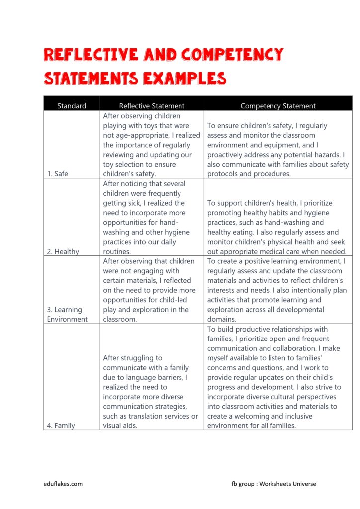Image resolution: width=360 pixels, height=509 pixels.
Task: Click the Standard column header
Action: pos(72,106)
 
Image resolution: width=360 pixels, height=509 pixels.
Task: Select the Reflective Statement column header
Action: pos(152,106)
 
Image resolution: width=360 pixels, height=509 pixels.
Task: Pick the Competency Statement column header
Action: pos(277,106)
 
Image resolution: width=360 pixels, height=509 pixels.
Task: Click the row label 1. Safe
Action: pos(58,174)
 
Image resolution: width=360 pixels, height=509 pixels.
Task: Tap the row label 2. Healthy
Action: pos(63,251)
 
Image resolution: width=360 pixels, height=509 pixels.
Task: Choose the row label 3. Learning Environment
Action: pos(67,315)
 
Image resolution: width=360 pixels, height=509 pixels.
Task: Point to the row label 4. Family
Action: pos(61,425)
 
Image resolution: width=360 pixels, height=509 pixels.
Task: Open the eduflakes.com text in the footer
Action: pos(62,483)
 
